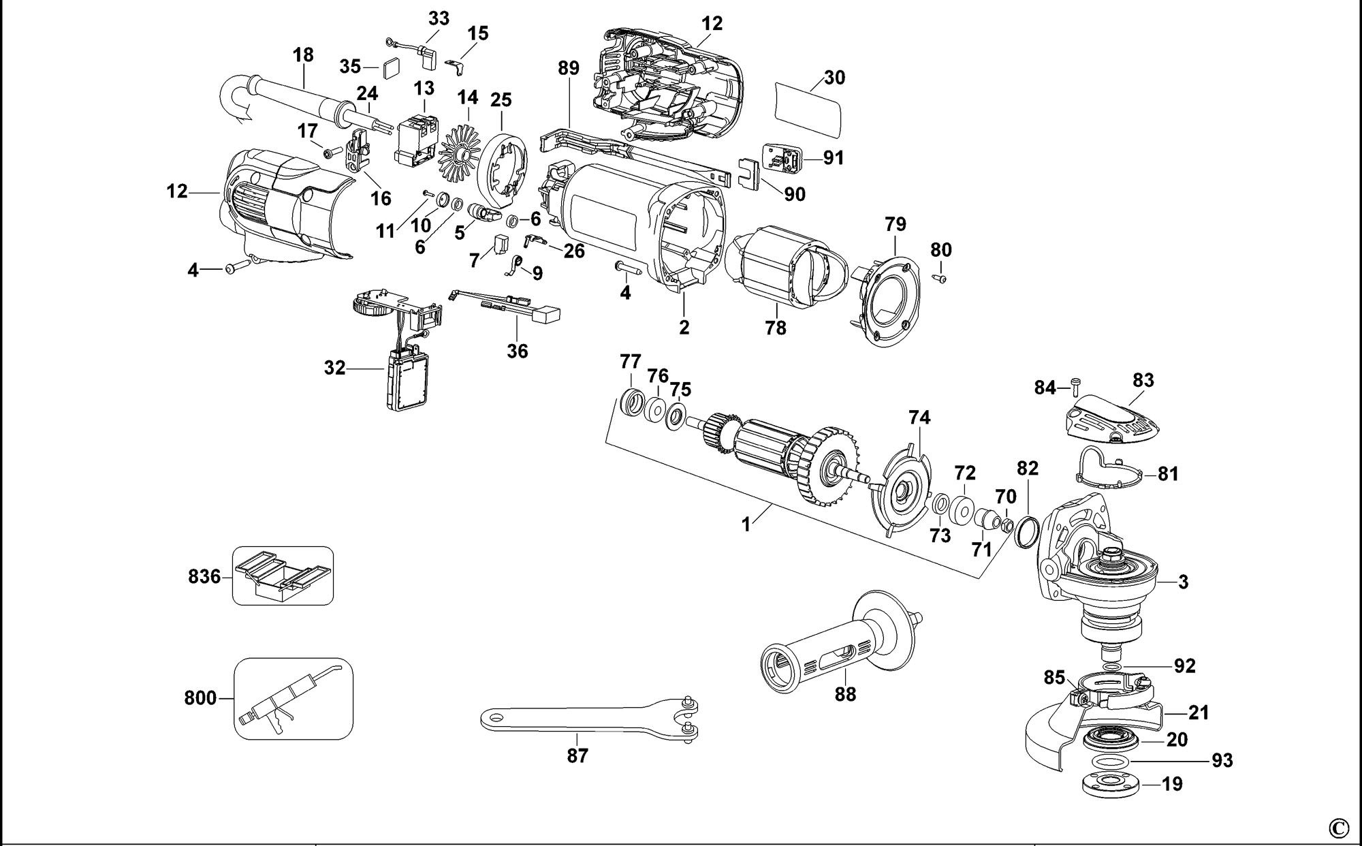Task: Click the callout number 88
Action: [845, 694]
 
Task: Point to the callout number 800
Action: [200, 698]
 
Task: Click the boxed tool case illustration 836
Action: [283, 576]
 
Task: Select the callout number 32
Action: [335, 369]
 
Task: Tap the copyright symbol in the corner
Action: [1338, 828]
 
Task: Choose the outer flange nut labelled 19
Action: [1110, 784]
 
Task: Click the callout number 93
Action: [1222, 760]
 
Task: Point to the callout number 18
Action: [303, 54]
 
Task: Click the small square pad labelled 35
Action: [392, 69]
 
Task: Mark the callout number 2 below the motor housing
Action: [684, 328]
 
